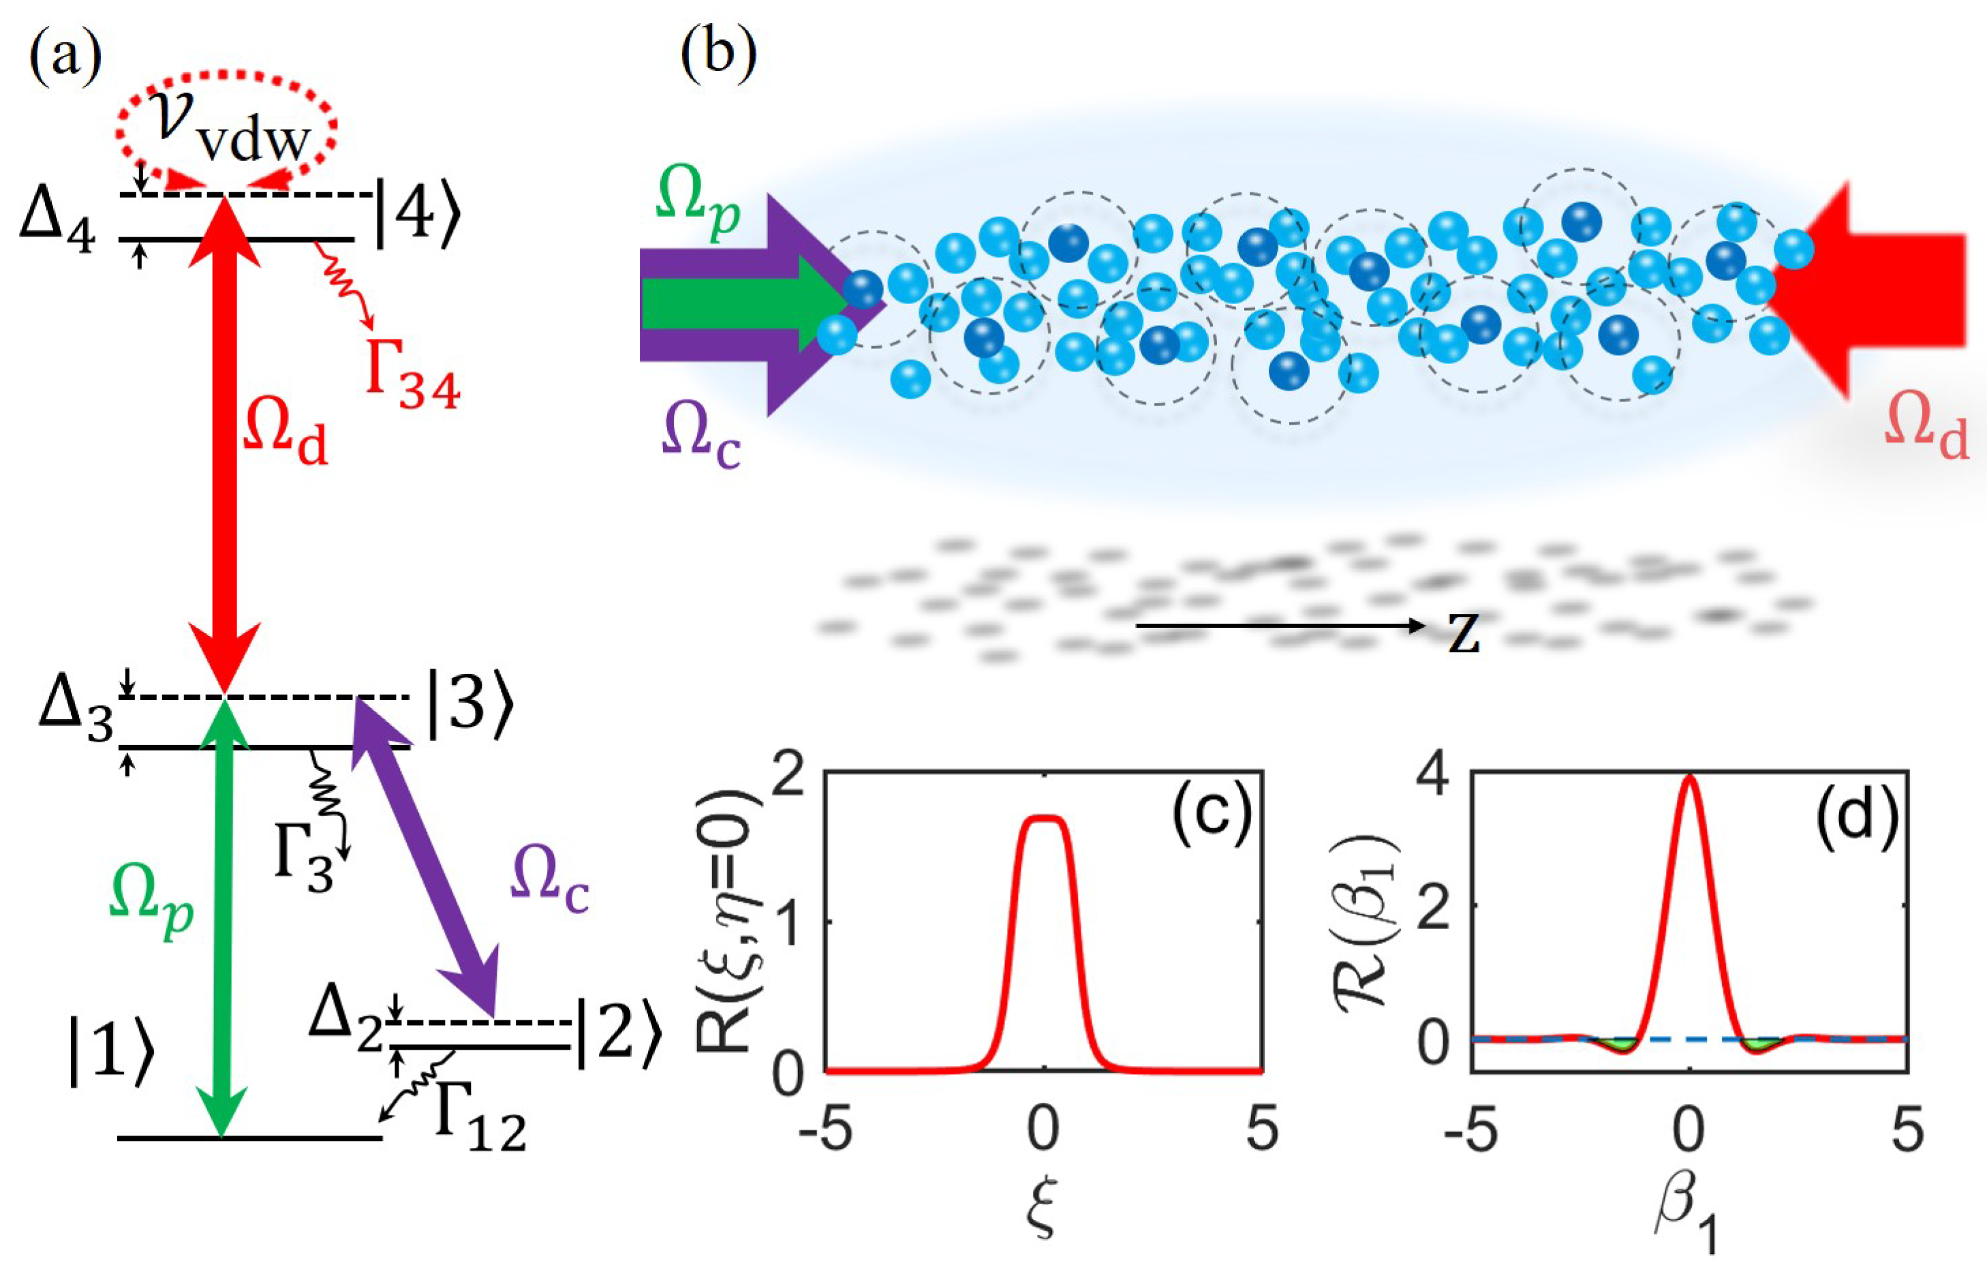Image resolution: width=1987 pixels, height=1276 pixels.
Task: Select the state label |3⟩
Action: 469,707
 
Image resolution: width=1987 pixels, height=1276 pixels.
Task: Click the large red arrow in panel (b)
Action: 1880,290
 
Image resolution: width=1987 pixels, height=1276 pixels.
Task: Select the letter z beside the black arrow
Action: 1464,635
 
